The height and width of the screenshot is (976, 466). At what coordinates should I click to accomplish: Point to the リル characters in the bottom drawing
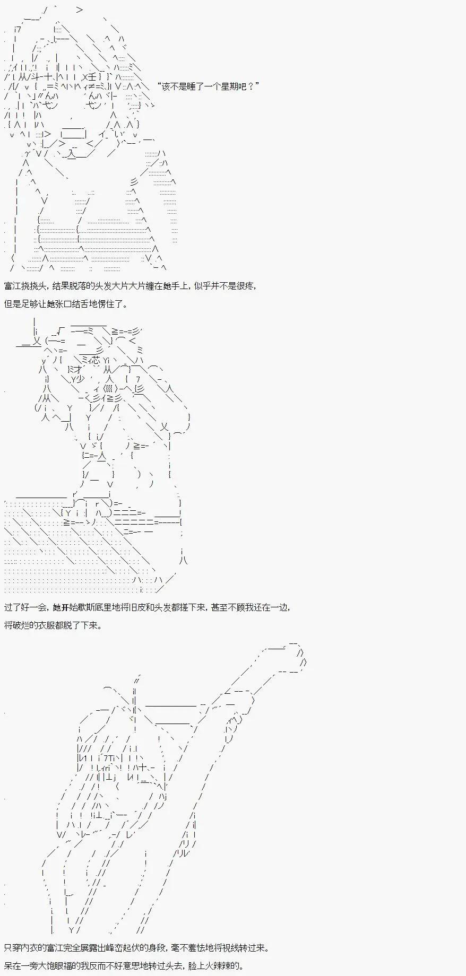click(182, 853)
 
